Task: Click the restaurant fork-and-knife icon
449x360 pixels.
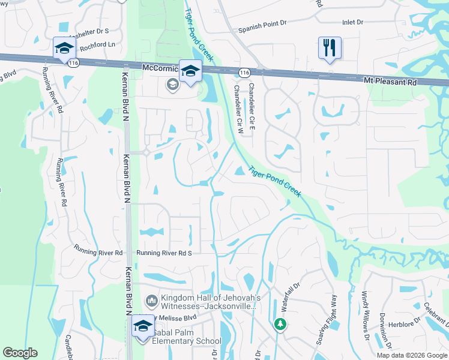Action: [330, 48]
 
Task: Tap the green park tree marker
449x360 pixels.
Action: [280, 324]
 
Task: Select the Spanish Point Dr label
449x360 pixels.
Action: [262, 28]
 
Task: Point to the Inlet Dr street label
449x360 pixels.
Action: [352, 22]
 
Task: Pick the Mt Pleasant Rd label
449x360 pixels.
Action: [390, 80]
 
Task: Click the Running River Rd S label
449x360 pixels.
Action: [163, 253]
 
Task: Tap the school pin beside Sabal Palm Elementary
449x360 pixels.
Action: [143, 326]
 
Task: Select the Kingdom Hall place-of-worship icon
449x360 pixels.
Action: [151, 299]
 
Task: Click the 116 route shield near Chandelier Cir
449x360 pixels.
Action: [244, 72]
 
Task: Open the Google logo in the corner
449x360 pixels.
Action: [20, 353]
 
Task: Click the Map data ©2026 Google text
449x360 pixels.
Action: [411, 355]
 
